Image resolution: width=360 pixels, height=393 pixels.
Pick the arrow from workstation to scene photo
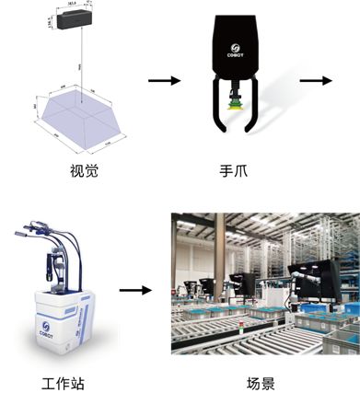pyautogui.click(x=135, y=290)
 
